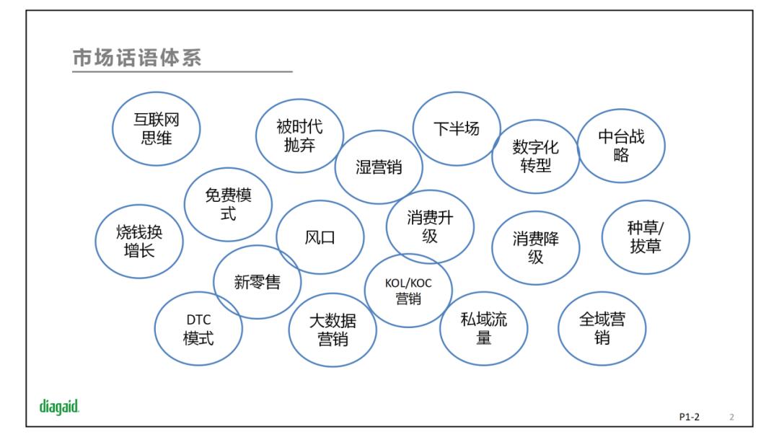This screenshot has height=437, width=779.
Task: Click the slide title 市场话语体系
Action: [x=137, y=58]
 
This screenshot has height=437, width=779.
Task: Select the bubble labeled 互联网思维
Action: [x=156, y=129]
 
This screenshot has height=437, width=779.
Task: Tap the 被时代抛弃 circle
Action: [x=299, y=136]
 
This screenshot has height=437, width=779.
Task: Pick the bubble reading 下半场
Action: [x=456, y=128]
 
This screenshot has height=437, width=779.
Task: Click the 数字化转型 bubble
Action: [x=535, y=156]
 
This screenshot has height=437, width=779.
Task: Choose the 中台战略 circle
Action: [x=621, y=146]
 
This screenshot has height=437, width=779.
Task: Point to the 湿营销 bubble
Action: [x=379, y=167]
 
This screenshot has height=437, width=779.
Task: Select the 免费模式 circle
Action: [x=228, y=204]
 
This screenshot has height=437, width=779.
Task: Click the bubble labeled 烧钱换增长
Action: [x=139, y=241]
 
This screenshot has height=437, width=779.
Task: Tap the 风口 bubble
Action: [x=320, y=237]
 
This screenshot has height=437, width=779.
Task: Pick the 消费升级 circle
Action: [x=430, y=226]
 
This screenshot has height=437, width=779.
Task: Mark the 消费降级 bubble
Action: [x=535, y=247]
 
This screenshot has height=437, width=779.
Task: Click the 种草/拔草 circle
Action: [x=646, y=237]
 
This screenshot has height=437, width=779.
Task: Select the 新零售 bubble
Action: [x=257, y=282]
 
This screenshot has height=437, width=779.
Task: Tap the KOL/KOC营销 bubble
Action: [x=408, y=291]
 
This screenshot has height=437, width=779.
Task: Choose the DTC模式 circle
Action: [x=198, y=329]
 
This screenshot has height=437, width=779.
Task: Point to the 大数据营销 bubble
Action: [x=333, y=330]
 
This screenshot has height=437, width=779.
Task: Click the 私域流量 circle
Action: [x=483, y=328]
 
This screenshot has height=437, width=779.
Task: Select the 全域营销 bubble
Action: [x=602, y=328]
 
